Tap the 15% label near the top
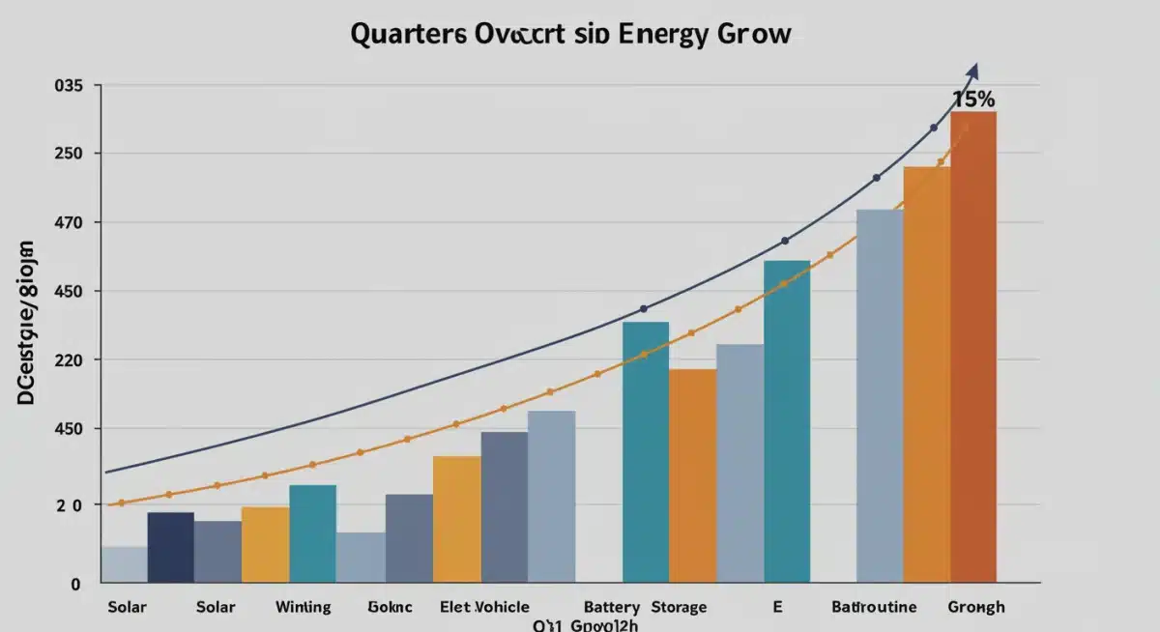tap(973, 100)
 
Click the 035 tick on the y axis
tap(69, 86)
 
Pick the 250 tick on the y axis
tap(69, 154)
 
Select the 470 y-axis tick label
tap(69, 223)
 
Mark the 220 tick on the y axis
tap(69, 360)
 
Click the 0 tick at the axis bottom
tap(74, 584)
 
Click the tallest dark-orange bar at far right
tap(972, 348)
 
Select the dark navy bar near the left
tap(170, 548)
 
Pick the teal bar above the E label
tap(787, 421)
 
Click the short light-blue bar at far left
tap(124, 565)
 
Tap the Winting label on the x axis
tap(303, 608)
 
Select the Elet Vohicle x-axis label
tap(484, 608)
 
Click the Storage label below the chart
tap(678, 608)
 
